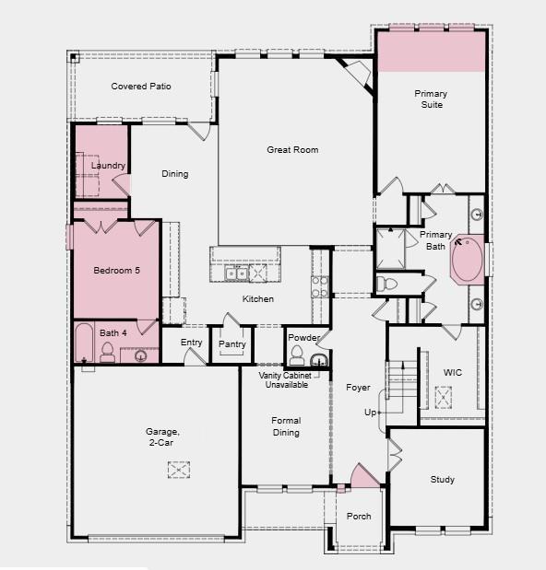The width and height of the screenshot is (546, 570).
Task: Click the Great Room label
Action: [x=292, y=149]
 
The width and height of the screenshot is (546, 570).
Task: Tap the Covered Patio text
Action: [x=141, y=87]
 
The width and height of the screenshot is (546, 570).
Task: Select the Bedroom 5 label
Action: [x=117, y=271]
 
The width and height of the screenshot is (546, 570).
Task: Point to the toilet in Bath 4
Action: [x=107, y=351]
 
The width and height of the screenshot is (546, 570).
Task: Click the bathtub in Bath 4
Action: [x=83, y=343]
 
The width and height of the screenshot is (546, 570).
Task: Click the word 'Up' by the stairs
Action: [x=371, y=413]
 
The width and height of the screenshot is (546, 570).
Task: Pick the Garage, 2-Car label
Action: [x=161, y=436]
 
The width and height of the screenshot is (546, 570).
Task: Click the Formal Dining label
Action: [x=286, y=426]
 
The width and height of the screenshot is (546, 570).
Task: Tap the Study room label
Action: [x=442, y=480]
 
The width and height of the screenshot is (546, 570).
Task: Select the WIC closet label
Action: [x=452, y=373]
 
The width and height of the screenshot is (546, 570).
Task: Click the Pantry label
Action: [x=231, y=344]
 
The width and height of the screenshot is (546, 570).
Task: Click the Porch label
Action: [x=358, y=517]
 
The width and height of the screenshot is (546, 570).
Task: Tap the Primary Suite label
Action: [x=430, y=99]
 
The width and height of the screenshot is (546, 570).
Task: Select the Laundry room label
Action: [x=108, y=166]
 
